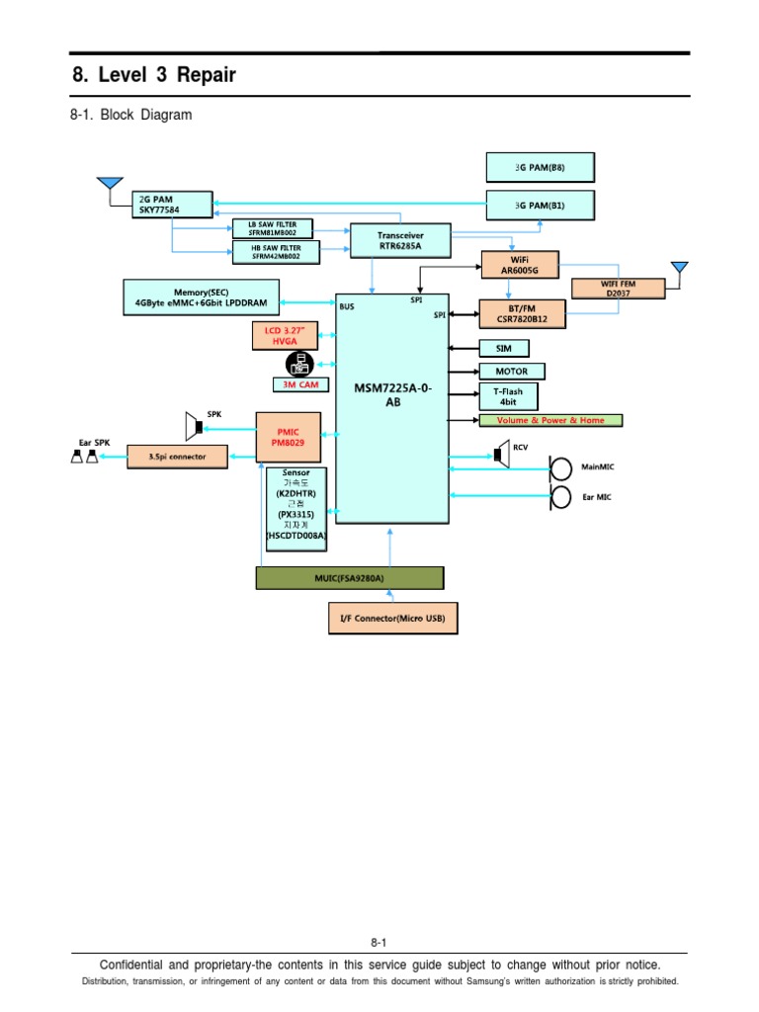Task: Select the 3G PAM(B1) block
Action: [540, 206]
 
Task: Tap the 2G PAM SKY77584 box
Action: [171, 205]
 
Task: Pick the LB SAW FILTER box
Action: [273, 228]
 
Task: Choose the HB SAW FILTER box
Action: [273, 252]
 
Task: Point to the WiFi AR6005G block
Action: [519, 264]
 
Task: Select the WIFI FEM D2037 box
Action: [619, 288]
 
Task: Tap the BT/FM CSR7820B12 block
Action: [521, 313]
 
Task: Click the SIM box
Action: [504, 348]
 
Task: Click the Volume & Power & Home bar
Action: [550, 420]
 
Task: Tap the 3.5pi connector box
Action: [178, 456]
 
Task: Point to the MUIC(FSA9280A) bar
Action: [350, 577]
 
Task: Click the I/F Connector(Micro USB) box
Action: [393, 620]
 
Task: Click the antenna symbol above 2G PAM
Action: [109, 185]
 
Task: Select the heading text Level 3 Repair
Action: [154, 75]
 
